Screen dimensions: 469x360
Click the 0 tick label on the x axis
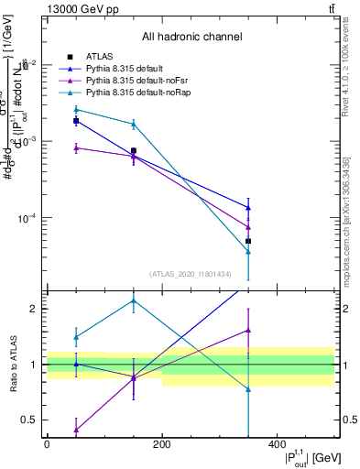click(x=48, y=446)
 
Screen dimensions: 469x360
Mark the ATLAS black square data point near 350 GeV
click(x=248, y=241)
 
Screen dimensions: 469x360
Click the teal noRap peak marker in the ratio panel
click(x=134, y=300)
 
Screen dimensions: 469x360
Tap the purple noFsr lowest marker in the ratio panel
click(x=76, y=429)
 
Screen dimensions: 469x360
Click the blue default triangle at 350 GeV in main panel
click(x=248, y=207)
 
